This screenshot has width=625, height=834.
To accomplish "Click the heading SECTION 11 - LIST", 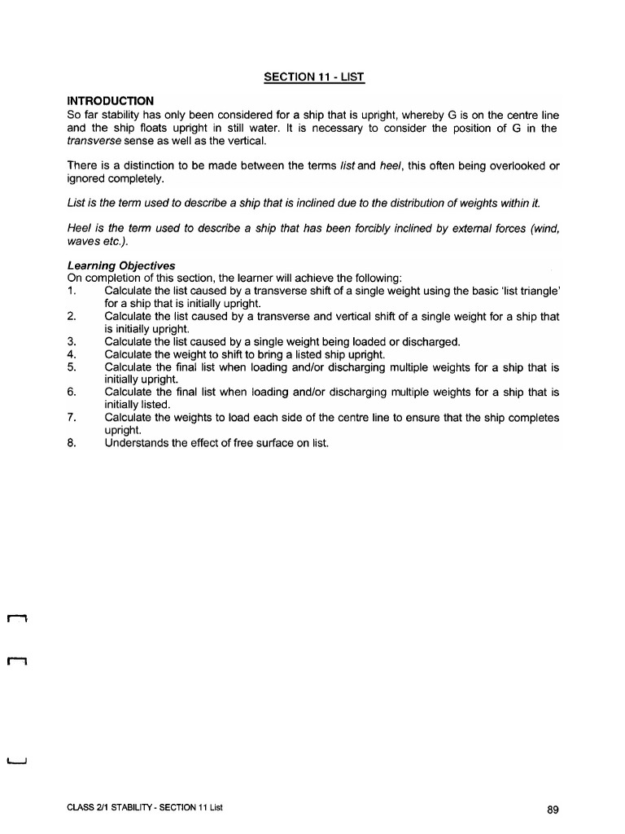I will click(314, 77).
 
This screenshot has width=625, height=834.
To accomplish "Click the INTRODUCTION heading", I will click(111, 101).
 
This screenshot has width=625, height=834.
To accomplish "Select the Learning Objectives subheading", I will click(120, 266).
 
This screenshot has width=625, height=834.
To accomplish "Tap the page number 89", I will click(553, 810).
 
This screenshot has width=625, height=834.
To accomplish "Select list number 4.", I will click(72, 354).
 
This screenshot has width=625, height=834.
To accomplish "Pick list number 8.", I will click(72, 443).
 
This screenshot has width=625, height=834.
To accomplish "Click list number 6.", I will click(72, 393).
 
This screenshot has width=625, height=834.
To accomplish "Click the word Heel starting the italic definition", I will click(80, 229).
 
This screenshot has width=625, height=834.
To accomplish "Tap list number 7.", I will click(72, 418).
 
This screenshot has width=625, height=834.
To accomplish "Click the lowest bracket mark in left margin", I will click(17, 762).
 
